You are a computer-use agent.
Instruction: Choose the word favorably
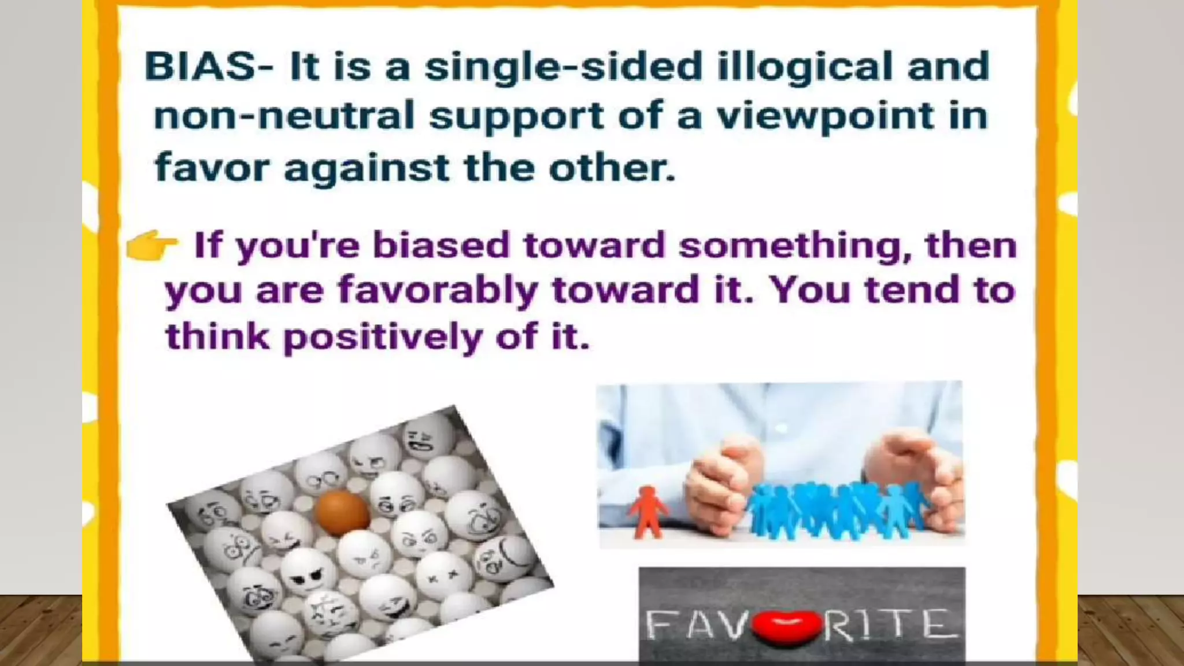(x=438, y=291)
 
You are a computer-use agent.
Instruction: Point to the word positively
(x=382, y=337)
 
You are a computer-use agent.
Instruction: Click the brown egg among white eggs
(x=342, y=512)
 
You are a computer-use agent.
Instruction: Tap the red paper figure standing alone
(x=647, y=512)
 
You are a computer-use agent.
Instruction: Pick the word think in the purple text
(x=217, y=336)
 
